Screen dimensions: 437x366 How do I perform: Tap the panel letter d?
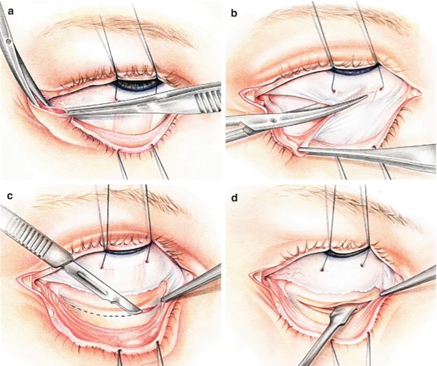click(233, 195)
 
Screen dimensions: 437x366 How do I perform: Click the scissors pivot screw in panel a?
click(8, 42)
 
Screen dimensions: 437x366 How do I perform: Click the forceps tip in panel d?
click(381, 294)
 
